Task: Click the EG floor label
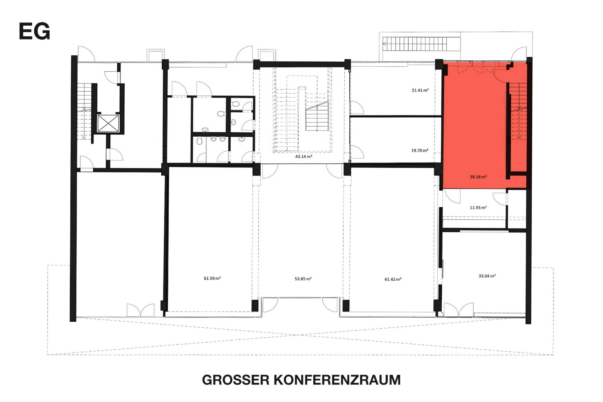(x=35, y=31)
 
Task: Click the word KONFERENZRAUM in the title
(x=337, y=380)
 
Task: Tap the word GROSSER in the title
(x=236, y=380)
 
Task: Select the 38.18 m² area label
(x=478, y=177)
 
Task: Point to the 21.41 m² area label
(x=420, y=90)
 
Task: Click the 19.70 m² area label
(x=420, y=151)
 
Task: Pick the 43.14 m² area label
(x=304, y=156)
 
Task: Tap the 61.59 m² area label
(x=212, y=278)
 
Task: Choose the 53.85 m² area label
(x=303, y=279)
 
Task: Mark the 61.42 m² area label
(x=393, y=279)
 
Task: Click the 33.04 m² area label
(x=487, y=276)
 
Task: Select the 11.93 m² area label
(x=478, y=208)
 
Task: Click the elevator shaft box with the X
(x=108, y=123)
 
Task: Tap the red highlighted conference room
(x=474, y=125)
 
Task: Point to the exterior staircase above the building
(x=414, y=44)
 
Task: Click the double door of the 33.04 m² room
(x=459, y=309)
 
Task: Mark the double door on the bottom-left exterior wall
(x=141, y=310)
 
